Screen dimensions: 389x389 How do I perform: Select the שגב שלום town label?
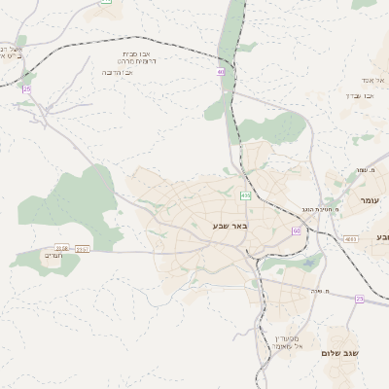point(340,352)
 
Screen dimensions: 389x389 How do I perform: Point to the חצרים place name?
point(53,255)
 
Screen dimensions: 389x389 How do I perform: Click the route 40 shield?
point(221,71)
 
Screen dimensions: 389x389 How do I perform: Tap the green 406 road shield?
point(246,195)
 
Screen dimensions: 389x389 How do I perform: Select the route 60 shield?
point(296,230)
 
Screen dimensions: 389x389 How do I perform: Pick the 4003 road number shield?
point(350,237)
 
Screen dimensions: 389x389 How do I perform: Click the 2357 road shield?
point(82,249)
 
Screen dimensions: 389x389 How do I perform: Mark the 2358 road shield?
point(62,249)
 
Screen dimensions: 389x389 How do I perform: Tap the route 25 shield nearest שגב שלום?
point(359,299)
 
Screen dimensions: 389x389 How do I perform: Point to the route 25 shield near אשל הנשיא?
point(26,88)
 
